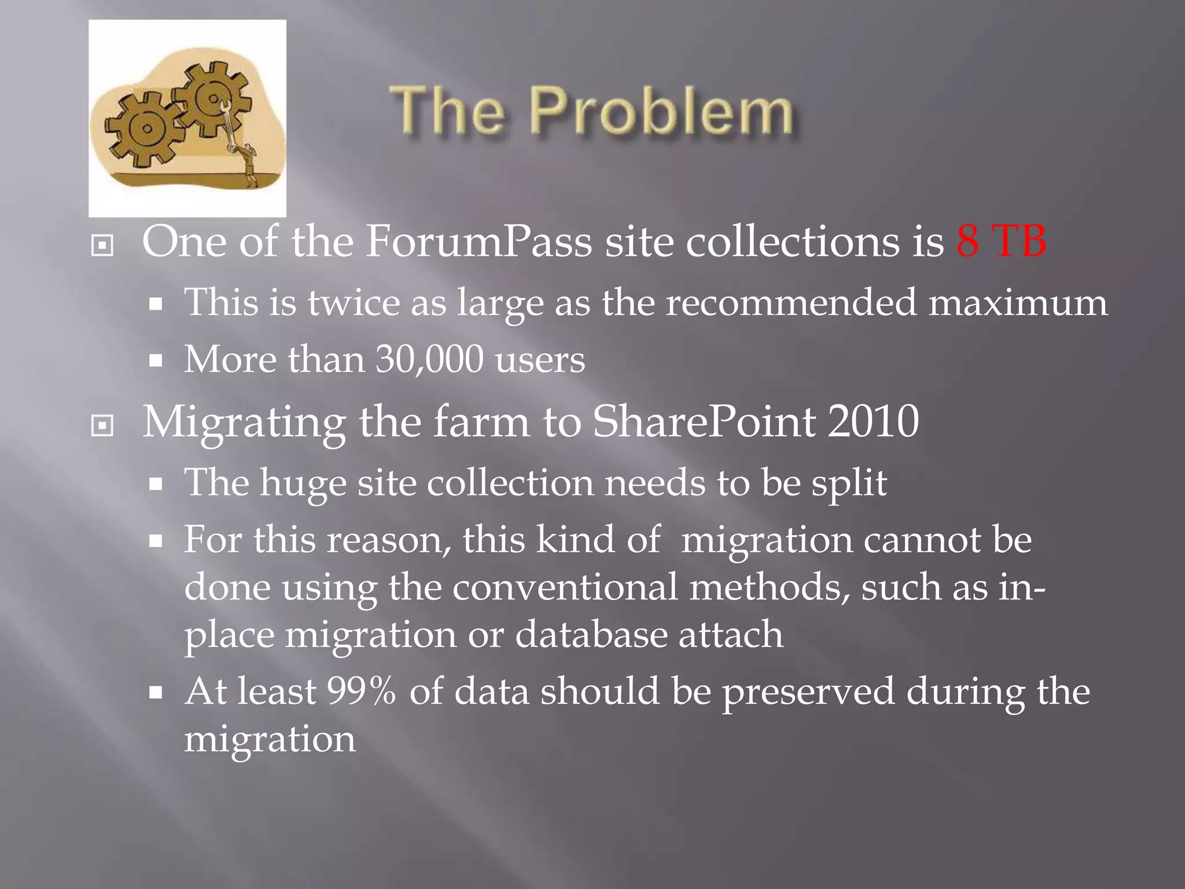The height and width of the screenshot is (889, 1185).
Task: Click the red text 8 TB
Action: click(x=1001, y=241)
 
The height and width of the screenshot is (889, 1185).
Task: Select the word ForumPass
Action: click(x=479, y=241)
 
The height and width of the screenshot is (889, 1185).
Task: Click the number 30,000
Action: click(x=429, y=359)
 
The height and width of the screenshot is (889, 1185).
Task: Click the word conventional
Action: click(x=564, y=587)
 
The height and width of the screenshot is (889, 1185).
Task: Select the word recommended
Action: click(x=790, y=303)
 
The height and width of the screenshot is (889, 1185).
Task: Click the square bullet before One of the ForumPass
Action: click(x=102, y=245)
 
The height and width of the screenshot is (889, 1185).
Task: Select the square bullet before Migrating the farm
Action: click(x=102, y=426)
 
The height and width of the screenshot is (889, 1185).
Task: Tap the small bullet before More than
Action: click(x=155, y=362)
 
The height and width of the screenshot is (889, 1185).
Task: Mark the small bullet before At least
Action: click(x=155, y=693)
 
